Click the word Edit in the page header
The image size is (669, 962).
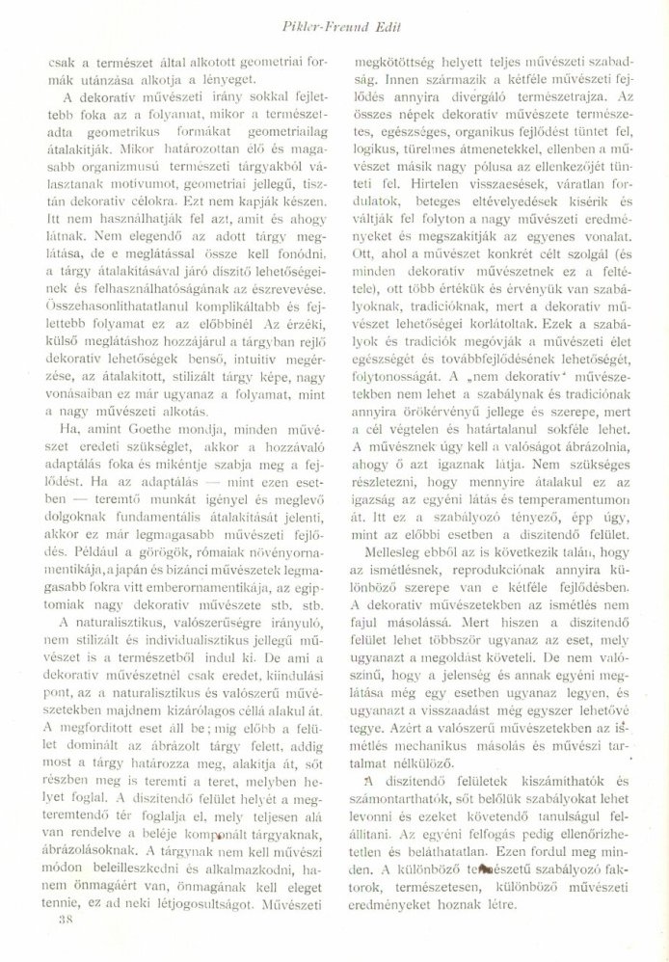click(x=420, y=19)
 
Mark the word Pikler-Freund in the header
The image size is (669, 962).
click(x=356, y=19)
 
